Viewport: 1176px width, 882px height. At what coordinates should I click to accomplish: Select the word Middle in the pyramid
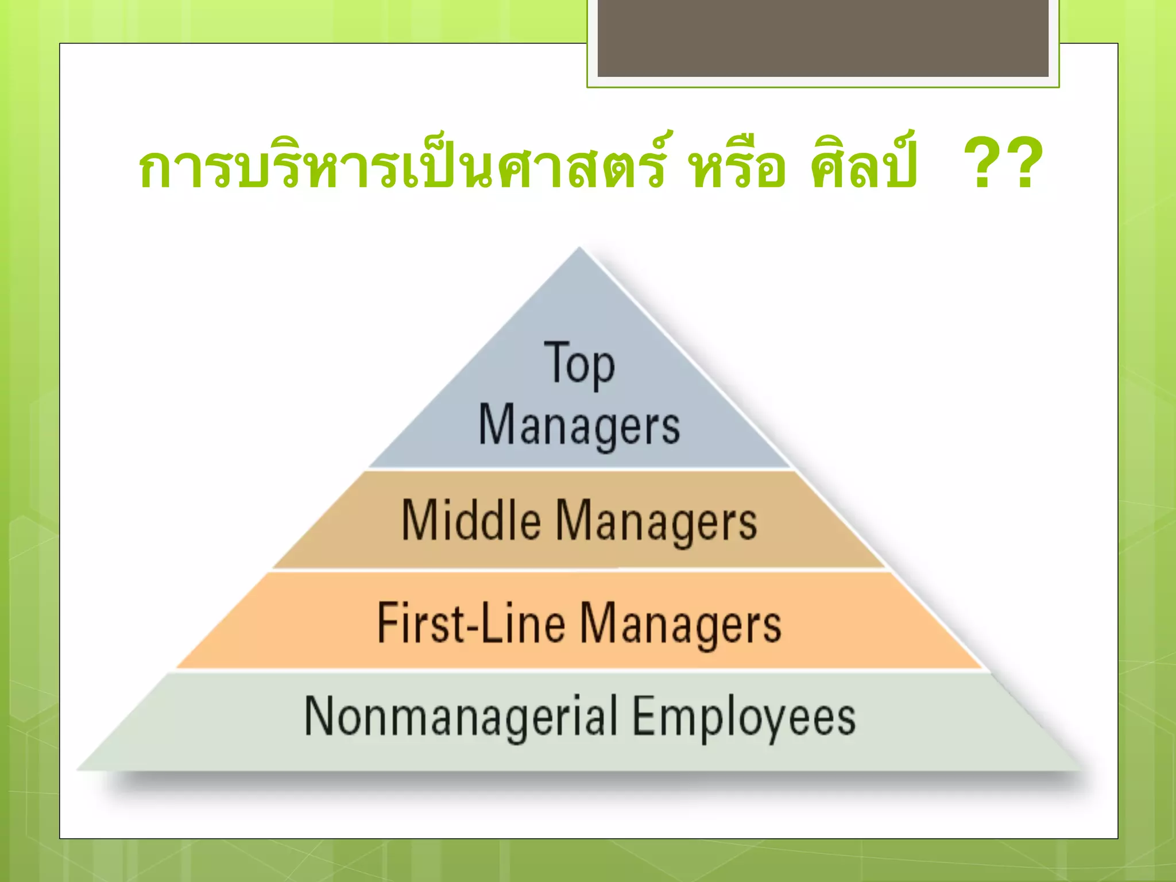pyautogui.click(x=471, y=520)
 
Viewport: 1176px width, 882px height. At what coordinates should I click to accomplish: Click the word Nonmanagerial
pyautogui.click(x=461, y=716)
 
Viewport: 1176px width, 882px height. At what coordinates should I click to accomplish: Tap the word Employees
pyautogui.click(x=744, y=718)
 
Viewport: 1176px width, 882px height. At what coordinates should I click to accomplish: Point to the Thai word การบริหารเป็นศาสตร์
pyautogui.click(x=402, y=165)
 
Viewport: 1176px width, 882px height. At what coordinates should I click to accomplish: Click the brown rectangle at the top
pyautogui.click(x=823, y=38)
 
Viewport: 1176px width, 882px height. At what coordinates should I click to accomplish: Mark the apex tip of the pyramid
pyautogui.click(x=579, y=248)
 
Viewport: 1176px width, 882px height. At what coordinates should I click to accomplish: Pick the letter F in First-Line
pyautogui.click(x=388, y=622)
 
